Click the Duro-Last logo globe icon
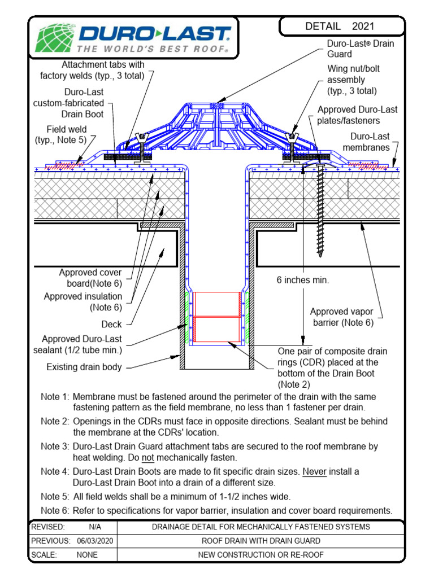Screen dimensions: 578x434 [x=55, y=38]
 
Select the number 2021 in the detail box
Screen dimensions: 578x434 [x=363, y=27]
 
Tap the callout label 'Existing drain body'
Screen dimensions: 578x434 [x=84, y=367]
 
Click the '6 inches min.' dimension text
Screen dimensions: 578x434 [x=303, y=280]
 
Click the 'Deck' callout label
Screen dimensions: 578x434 [x=111, y=325]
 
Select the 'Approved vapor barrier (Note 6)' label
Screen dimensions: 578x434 [x=342, y=317]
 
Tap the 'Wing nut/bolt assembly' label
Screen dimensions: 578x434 [x=351, y=80]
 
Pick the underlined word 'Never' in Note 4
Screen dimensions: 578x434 [x=315, y=471]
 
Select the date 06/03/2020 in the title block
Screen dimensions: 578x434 [x=94, y=541]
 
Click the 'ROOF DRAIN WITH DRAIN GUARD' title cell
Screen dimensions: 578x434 [x=261, y=541]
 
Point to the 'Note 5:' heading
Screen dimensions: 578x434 [x=55, y=497]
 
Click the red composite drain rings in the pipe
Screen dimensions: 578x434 [x=216, y=317]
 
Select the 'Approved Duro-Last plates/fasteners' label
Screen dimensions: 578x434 [x=357, y=115]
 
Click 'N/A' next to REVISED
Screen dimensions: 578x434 [x=94, y=527]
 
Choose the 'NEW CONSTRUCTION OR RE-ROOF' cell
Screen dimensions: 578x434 [x=261, y=555]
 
